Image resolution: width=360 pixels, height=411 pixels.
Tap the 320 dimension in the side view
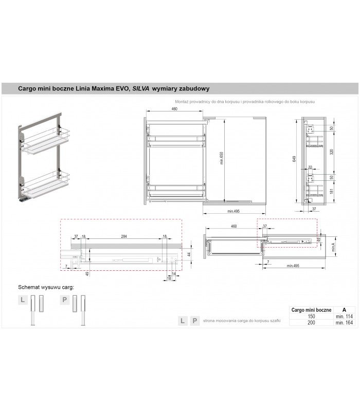(x=332, y=152)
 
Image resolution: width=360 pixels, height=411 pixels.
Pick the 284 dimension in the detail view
(x=123, y=237)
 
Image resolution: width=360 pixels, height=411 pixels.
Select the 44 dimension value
(x=189, y=254)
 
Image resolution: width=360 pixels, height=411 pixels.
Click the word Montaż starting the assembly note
(x=183, y=102)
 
